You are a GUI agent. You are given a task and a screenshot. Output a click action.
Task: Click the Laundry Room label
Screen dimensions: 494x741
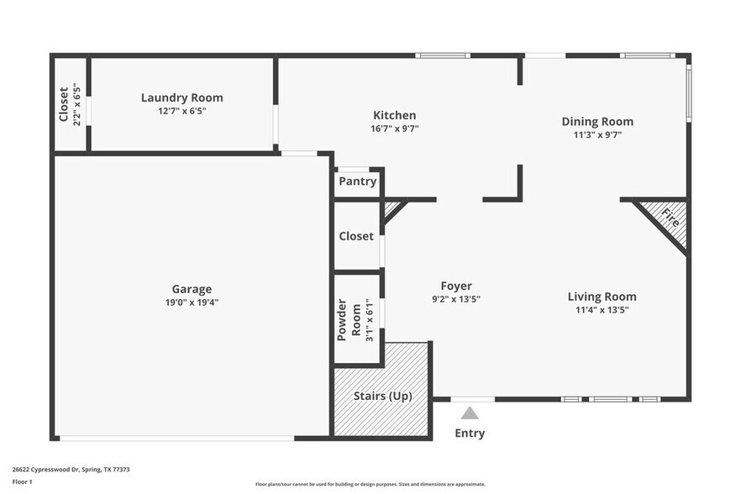tap(181, 97)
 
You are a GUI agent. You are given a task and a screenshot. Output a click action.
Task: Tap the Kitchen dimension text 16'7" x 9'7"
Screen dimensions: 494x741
tap(394, 129)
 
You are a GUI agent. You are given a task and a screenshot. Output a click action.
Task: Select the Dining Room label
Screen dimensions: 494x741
tap(597, 122)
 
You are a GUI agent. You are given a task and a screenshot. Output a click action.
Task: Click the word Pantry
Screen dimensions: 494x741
tap(357, 181)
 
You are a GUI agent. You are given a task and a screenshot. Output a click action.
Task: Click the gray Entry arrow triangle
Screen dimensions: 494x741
tap(470, 413)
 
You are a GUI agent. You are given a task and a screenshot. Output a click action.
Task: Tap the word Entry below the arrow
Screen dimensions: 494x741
tap(470, 434)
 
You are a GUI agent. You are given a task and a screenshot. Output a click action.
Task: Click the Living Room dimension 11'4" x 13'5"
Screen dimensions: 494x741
tap(602, 309)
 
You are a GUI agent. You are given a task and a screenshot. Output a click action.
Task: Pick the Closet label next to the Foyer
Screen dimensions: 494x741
tap(356, 236)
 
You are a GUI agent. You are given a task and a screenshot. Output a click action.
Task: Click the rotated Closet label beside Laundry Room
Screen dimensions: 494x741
tap(64, 104)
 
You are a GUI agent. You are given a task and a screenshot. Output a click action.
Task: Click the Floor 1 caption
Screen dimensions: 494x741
tap(22, 481)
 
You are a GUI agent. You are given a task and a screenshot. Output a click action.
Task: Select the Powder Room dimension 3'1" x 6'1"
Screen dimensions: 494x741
tap(368, 320)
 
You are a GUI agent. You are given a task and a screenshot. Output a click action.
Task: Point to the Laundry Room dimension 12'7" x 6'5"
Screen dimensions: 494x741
tap(181, 111)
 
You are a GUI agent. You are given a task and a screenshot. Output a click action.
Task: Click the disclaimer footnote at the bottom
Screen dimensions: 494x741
tap(370, 484)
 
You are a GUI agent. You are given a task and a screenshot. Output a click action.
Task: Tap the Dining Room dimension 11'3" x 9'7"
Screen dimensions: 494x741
tap(597, 134)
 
